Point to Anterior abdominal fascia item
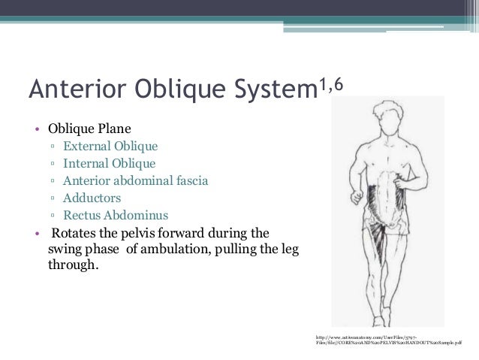[136, 180]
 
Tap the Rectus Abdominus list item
[116, 216]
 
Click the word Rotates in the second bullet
[72, 232]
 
